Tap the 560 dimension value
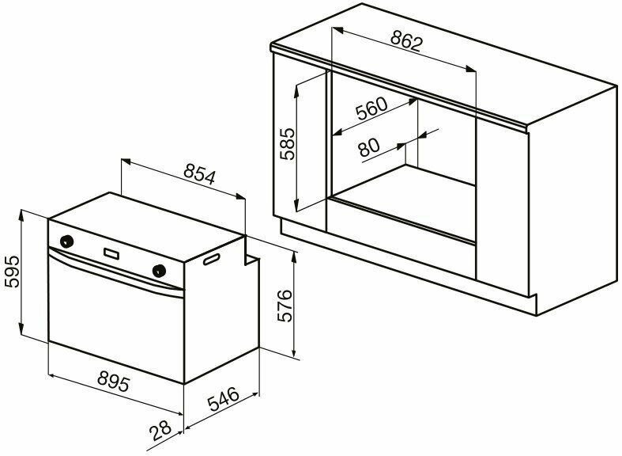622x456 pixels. pyautogui.click(x=371, y=108)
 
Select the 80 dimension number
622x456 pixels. pyautogui.click(x=368, y=147)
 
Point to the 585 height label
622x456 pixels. pyautogui.click(x=287, y=144)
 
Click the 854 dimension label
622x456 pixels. pyautogui.click(x=199, y=175)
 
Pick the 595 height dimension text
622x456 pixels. pyautogui.click(x=12, y=272)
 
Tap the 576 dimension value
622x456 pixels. pyautogui.click(x=285, y=306)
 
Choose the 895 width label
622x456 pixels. pyautogui.click(x=114, y=382)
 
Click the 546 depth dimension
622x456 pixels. pyautogui.click(x=224, y=399)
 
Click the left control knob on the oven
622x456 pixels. pyautogui.click(x=66, y=241)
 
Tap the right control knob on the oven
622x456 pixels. pyautogui.click(x=160, y=270)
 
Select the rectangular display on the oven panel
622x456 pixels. pyautogui.click(x=111, y=253)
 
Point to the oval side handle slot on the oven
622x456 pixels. pyautogui.click(x=212, y=259)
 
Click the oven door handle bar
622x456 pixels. pyautogui.click(x=116, y=272)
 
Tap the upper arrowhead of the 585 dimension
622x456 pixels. pyautogui.click(x=296, y=92)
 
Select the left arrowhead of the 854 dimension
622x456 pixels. pyautogui.click(x=126, y=161)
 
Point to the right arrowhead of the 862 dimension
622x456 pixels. pyautogui.click(x=471, y=69)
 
